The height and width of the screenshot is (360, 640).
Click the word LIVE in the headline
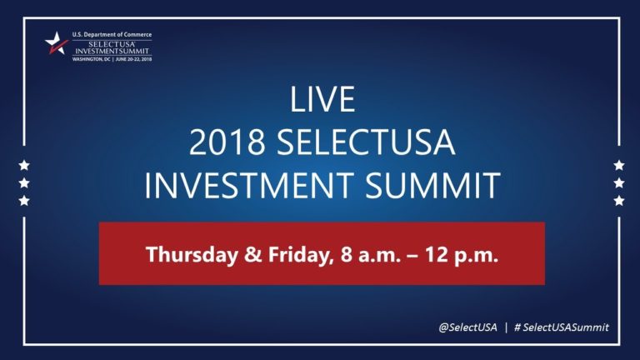[x=322, y=101]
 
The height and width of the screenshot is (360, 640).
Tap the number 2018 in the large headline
[x=224, y=142]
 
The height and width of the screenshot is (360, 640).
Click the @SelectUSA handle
[x=467, y=327]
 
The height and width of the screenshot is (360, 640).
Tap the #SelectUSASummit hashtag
[x=562, y=327]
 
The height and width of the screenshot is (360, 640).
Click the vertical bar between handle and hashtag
[x=506, y=327]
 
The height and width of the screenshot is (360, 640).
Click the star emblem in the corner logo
[x=56, y=43]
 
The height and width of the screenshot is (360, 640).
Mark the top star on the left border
[x=24, y=164]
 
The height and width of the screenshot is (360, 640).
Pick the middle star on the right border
[x=618, y=182]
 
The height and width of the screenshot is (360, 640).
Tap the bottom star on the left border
[x=24, y=201]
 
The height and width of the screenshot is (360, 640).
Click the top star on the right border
[x=618, y=164]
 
